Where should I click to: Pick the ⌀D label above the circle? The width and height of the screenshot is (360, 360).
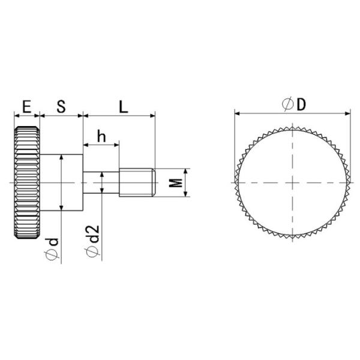293,104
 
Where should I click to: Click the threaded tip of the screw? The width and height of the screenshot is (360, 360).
137,182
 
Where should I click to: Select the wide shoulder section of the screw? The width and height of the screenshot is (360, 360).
61,182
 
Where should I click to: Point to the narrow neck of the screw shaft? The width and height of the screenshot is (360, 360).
101,182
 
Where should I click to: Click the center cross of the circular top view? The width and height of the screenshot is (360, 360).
292,182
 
